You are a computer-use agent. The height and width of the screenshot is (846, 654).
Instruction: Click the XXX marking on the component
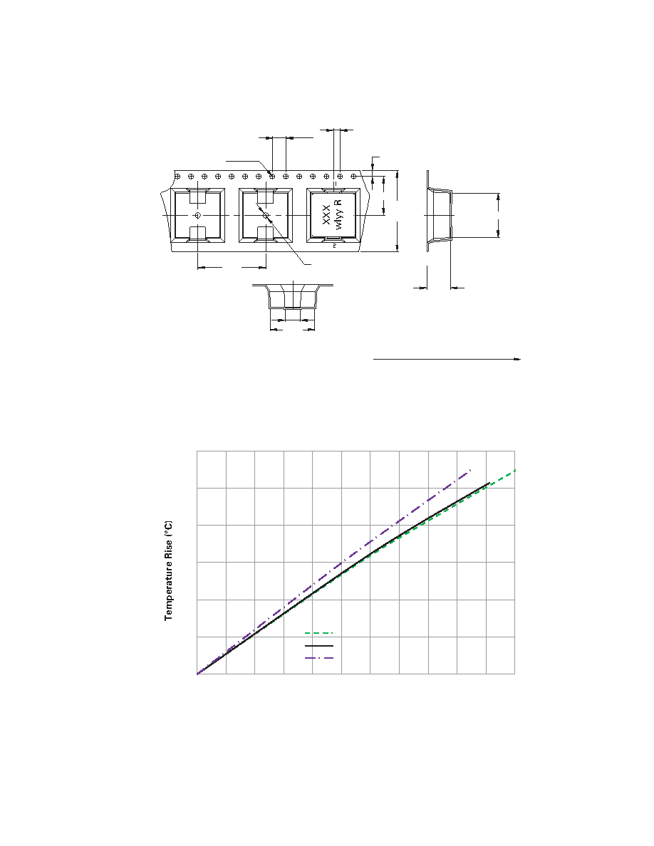point(326,215)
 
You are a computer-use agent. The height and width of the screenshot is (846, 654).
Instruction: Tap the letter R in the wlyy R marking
point(338,203)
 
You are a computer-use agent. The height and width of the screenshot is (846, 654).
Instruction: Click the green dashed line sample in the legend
point(319,633)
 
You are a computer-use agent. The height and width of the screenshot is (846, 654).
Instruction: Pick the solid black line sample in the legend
point(319,645)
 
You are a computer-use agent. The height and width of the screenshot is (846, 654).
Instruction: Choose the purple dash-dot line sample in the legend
point(319,658)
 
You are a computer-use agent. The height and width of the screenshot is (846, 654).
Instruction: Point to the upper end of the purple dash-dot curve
point(471,470)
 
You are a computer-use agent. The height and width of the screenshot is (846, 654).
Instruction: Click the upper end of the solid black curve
point(489,483)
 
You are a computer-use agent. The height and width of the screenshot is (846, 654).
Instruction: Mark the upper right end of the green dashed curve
point(515,471)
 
